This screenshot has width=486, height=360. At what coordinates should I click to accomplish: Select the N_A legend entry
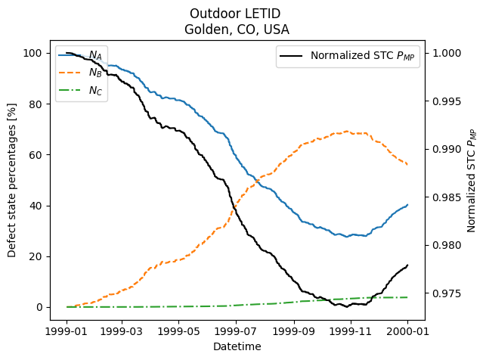tap(95, 55)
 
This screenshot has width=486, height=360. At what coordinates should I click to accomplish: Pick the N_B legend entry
tap(95, 73)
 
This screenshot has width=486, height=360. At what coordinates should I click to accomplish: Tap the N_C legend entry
tap(95, 91)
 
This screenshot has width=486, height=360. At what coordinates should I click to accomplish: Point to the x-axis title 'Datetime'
tap(237, 346)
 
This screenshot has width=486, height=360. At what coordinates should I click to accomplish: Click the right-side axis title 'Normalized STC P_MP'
tap(472, 180)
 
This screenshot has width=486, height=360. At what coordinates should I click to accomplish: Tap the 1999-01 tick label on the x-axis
tap(67, 331)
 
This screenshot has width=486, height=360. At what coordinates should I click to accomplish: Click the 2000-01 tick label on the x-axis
tap(407, 331)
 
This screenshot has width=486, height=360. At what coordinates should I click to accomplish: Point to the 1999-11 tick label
tap(351, 331)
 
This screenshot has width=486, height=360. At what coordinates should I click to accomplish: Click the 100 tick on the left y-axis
tap(32, 53)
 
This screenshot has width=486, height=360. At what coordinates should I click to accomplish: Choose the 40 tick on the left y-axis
tap(35, 206)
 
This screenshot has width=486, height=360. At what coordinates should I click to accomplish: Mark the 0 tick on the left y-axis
tap(38, 307)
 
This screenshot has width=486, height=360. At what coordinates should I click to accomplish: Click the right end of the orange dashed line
tap(407, 164)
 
